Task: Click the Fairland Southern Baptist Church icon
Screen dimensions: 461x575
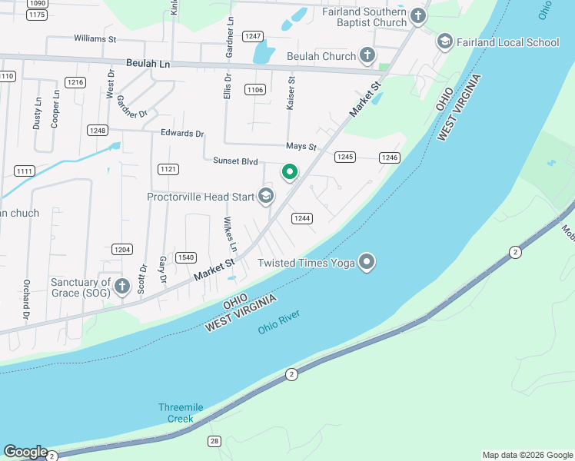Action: tap(418, 15)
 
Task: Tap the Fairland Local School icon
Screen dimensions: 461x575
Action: tap(444, 41)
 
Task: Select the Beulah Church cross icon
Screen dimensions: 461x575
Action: tap(367, 55)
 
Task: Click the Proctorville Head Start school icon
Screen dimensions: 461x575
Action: tap(265, 197)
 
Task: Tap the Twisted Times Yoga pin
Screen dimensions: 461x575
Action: tap(367, 263)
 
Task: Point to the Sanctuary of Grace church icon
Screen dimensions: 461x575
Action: tap(121, 287)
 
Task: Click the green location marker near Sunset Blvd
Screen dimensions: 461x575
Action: tap(289, 173)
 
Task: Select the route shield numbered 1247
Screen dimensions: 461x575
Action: tap(253, 36)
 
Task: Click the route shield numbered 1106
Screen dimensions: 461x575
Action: tap(255, 90)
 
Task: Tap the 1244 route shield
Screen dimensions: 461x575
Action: tap(302, 218)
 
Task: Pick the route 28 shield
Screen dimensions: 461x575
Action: tap(214, 440)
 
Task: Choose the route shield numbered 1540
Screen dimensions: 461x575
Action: tap(185, 257)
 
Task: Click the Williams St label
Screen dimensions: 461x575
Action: tap(95, 38)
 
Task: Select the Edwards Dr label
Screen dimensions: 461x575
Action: tap(182, 133)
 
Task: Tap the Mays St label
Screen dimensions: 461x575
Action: tap(301, 146)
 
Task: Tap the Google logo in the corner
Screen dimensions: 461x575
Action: tap(25, 452)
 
